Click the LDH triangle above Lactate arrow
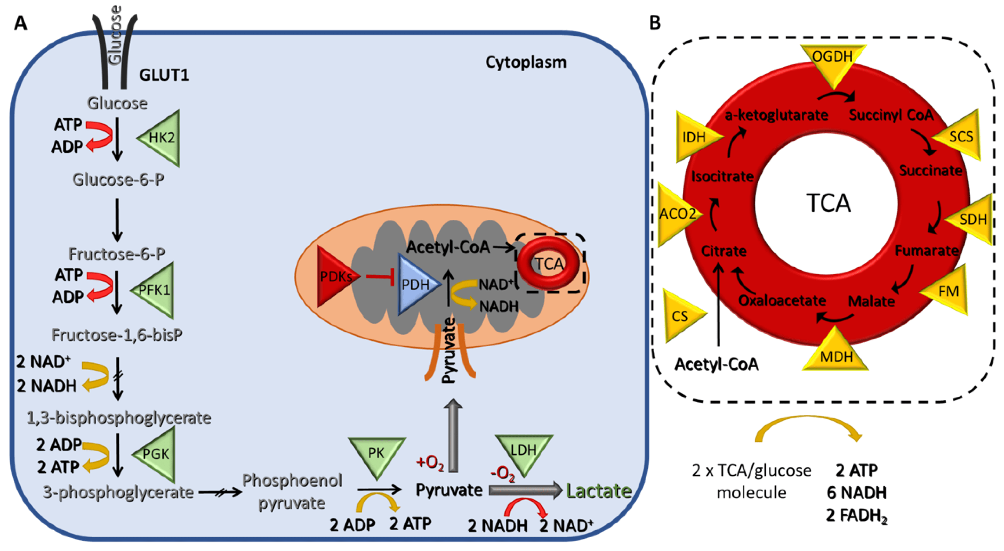[x=524, y=452]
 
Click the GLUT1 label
[x=164, y=75]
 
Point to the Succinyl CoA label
[x=891, y=115]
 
